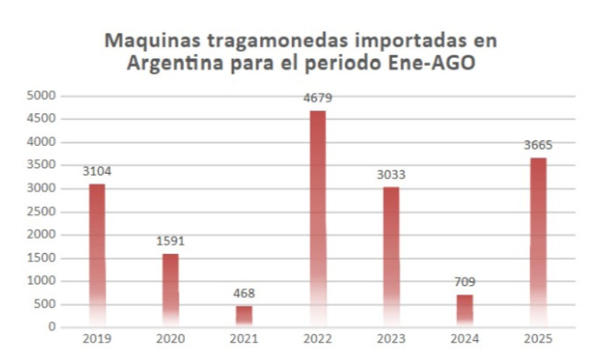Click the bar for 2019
(x=97, y=255)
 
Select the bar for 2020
(x=171, y=289)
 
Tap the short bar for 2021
(x=244, y=316)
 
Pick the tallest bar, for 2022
(x=317, y=218)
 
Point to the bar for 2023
(x=391, y=256)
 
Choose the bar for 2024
(x=464, y=310)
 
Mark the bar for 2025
(x=538, y=242)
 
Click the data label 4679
(x=317, y=98)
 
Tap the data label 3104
(x=97, y=171)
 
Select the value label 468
(x=244, y=293)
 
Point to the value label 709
(x=464, y=282)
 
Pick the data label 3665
(x=538, y=145)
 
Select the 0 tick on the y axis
(x=52, y=327)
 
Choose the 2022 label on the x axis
(x=317, y=338)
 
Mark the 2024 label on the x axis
(x=464, y=338)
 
